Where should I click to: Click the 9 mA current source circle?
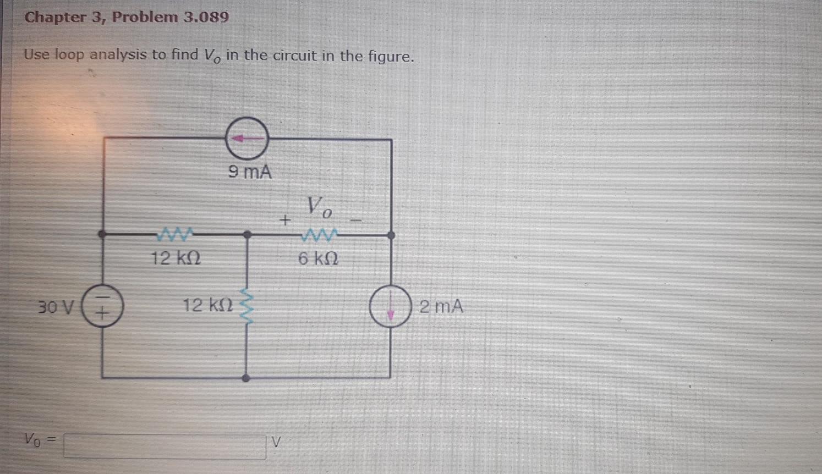248,139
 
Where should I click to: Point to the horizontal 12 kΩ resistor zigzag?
174,235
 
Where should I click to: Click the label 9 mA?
250,173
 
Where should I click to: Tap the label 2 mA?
441,306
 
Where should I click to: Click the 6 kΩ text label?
318,258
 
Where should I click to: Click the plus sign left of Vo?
284,221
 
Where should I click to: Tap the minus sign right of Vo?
357,221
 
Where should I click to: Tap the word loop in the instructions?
69,54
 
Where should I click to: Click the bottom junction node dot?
246,378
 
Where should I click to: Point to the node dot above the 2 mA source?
391,235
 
